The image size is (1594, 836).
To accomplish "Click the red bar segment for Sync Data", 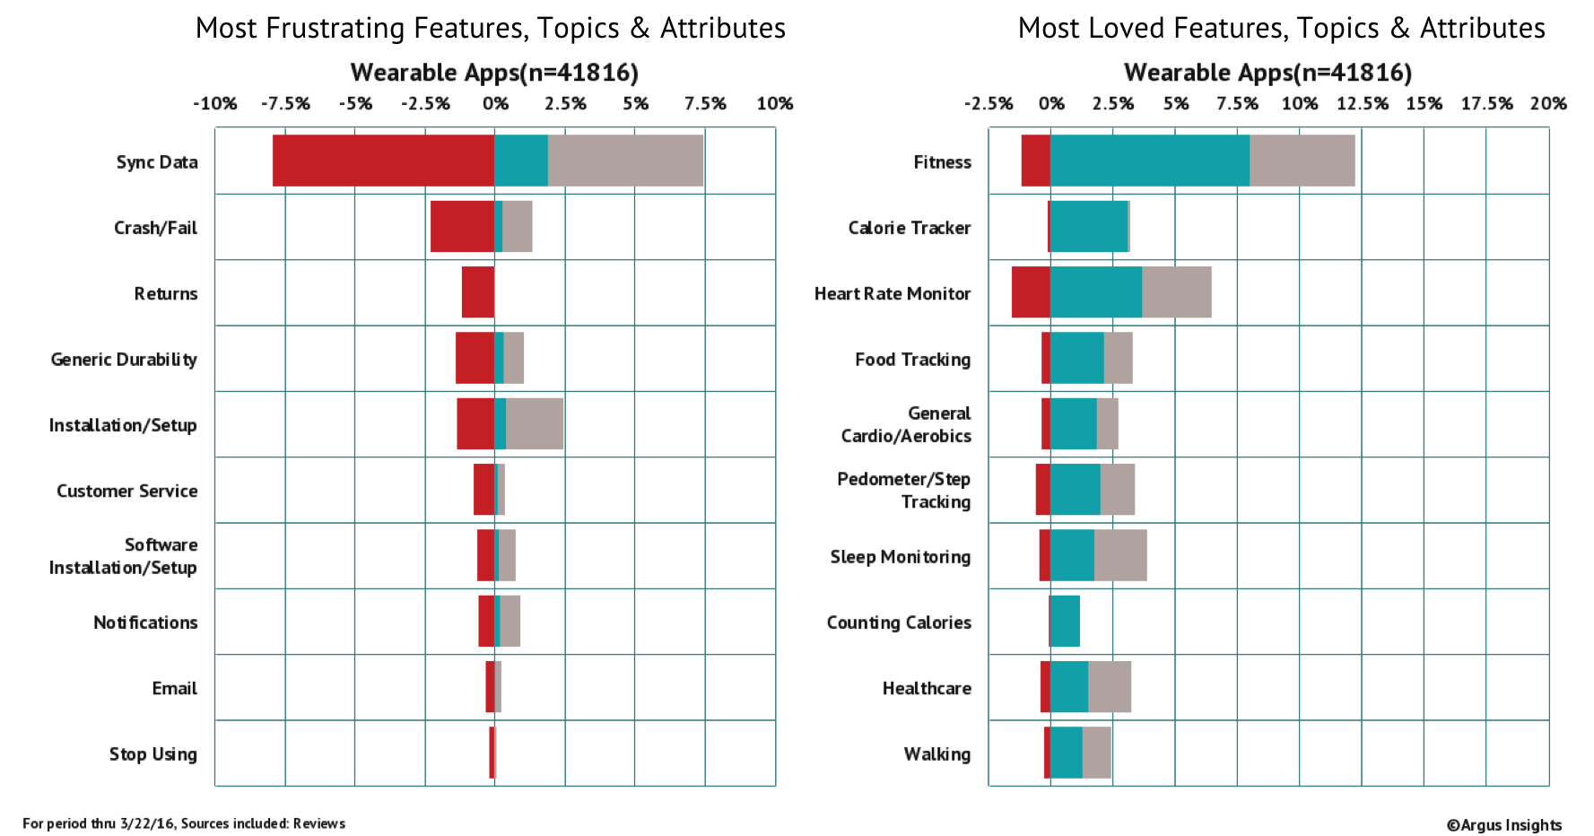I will tap(383, 161).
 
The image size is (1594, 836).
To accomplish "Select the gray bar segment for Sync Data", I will tap(625, 161).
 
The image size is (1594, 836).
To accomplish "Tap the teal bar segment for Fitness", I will tap(1149, 161).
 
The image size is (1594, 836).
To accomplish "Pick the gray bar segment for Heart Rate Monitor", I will tap(1176, 292).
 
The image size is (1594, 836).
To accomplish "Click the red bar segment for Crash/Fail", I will tap(462, 227).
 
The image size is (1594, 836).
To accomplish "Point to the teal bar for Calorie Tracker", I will tap(1088, 227).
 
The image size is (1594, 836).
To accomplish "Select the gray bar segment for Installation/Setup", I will tap(535, 424).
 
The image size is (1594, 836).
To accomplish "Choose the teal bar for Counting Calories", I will tap(1065, 622).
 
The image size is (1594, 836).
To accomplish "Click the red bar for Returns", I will tap(477, 292).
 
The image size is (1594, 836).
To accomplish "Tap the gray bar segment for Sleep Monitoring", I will tap(1119, 556).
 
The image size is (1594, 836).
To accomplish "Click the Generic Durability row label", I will tap(124, 360).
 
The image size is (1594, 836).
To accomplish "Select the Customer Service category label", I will tap(126, 491).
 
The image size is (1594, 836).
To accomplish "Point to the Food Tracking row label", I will tap(912, 360).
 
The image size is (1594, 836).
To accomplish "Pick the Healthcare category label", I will tap(927, 688).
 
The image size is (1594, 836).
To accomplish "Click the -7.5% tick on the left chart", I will tap(285, 104).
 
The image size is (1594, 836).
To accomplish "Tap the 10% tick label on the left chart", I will tap(774, 104).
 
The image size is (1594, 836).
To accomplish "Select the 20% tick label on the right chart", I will tap(1548, 104).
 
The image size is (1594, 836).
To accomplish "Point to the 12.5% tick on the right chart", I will tap(1362, 104).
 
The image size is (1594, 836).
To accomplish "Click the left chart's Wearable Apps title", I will tap(494, 73).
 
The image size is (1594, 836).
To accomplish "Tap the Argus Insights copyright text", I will tap(1503, 824).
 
